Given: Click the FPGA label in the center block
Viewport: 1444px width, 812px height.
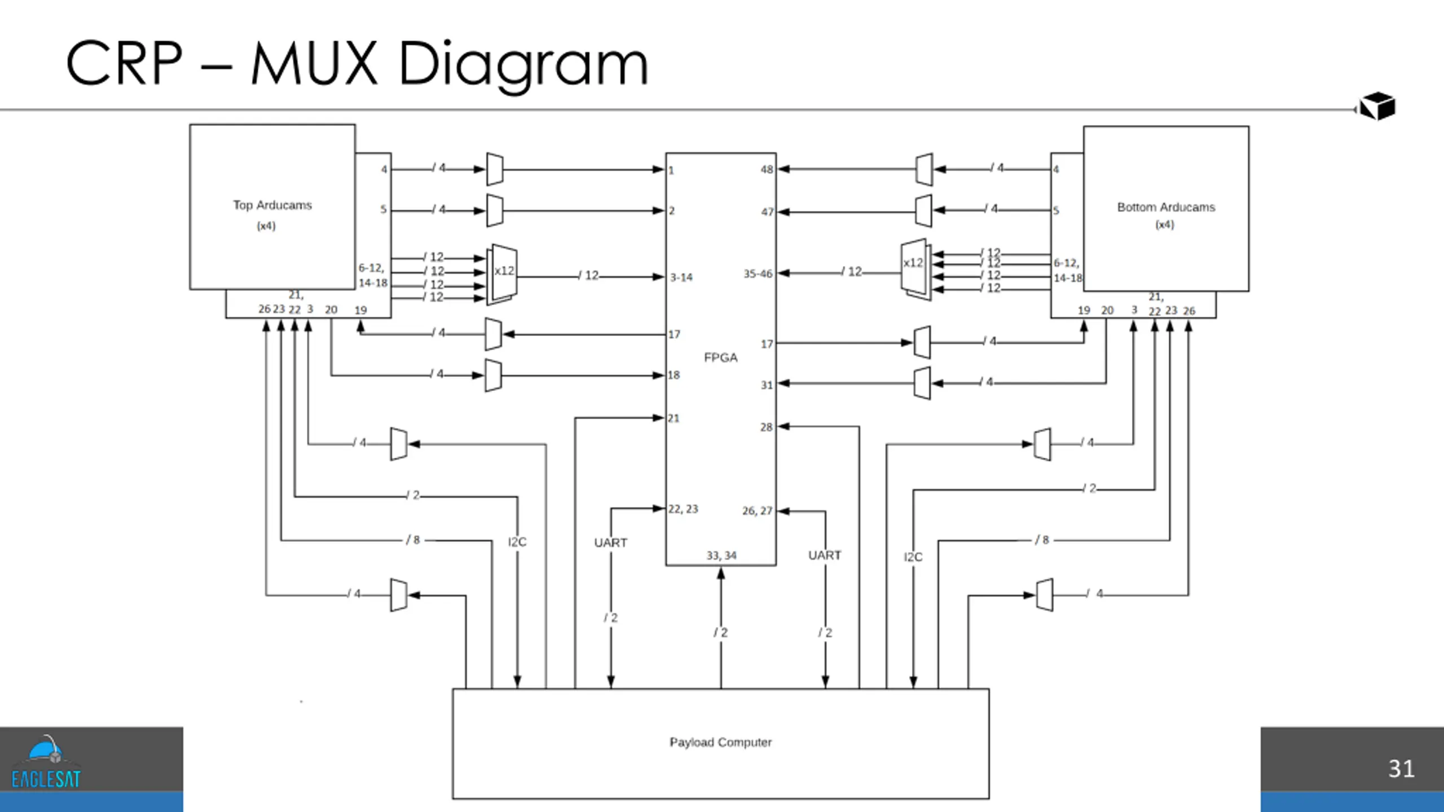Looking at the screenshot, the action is (x=720, y=358).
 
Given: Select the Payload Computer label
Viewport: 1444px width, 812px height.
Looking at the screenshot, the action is (x=720, y=742).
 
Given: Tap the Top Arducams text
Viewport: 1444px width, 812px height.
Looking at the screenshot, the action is (x=272, y=205).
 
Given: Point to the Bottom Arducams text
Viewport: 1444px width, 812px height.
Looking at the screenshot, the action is (x=1166, y=207).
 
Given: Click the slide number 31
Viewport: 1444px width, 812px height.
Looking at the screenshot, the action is (x=1401, y=769).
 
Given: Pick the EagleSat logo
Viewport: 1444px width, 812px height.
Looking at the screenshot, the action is (x=46, y=761).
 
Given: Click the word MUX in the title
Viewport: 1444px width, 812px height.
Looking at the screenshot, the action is (x=314, y=63).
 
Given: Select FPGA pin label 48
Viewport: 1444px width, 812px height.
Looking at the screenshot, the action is (x=767, y=169).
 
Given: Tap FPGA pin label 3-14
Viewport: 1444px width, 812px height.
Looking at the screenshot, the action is (x=681, y=277).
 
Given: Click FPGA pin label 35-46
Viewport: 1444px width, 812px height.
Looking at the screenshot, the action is (x=758, y=273).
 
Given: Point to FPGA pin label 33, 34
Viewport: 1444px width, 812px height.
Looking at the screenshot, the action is (x=721, y=555).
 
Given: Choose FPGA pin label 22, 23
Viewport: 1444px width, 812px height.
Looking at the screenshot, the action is (x=683, y=509).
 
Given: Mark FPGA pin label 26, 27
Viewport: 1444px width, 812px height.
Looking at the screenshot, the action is (x=757, y=510).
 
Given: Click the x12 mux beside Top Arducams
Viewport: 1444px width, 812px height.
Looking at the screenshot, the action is (x=502, y=274).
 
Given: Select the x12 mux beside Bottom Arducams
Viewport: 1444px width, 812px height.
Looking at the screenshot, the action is (x=915, y=270).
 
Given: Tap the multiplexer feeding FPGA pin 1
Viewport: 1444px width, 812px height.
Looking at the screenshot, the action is (x=495, y=169).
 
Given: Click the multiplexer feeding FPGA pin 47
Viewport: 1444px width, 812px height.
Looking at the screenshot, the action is (x=923, y=211).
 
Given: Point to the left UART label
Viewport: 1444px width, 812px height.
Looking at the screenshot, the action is (x=610, y=542).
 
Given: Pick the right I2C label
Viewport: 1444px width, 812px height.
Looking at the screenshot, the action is (x=913, y=557).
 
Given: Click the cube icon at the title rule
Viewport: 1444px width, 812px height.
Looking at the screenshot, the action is (x=1377, y=106).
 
